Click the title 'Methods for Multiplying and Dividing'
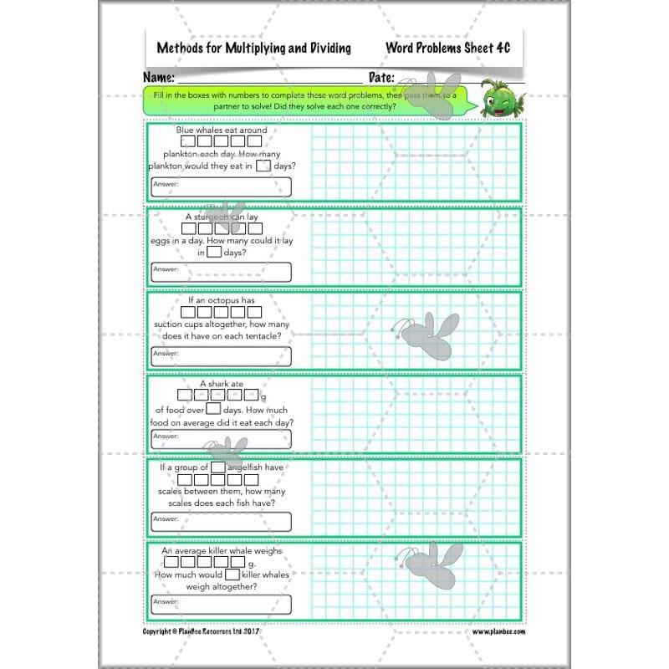(253, 48)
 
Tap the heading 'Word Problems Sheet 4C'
(447, 48)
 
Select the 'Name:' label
(160, 78)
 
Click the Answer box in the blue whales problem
(221, 186)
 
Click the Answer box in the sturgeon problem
(221, 272)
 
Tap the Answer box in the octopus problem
(221, 356)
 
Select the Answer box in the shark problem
(221, 438)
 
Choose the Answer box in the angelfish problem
(221, 522)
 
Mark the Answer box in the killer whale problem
(221, 605)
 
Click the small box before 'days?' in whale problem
(263, 166)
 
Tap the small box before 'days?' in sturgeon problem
(214, 252)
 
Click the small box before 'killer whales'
(232, 575)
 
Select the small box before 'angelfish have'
(218, 468)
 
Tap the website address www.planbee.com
(498, 631)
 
